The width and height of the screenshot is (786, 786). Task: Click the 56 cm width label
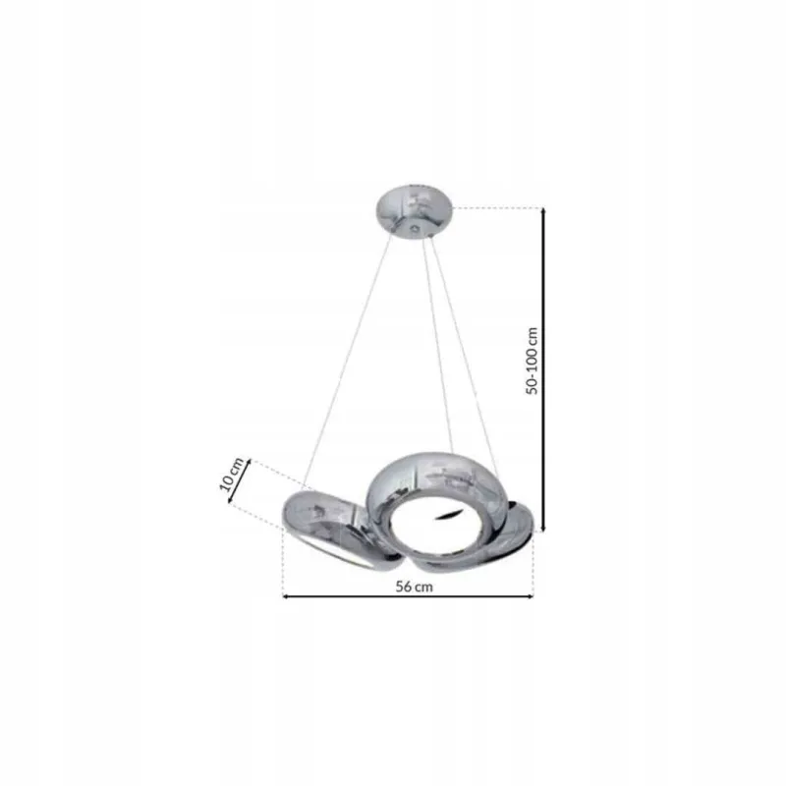[x=414, y=587]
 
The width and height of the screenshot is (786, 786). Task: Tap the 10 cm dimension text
[x=231, y=475]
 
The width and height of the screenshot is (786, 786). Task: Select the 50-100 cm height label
[x=532, y=361]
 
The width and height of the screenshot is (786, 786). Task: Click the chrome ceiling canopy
[x=414, y=211]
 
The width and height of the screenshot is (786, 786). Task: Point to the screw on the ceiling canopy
[x=415, y=229]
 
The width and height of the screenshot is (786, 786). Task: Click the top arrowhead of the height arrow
[x=544, y=210]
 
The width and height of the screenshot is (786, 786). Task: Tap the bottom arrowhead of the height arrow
[x=544, y=528]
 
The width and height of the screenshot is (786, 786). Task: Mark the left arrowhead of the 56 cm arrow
[x=286, y=596]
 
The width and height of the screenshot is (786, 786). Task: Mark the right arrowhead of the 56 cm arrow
[x=530, y=596]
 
